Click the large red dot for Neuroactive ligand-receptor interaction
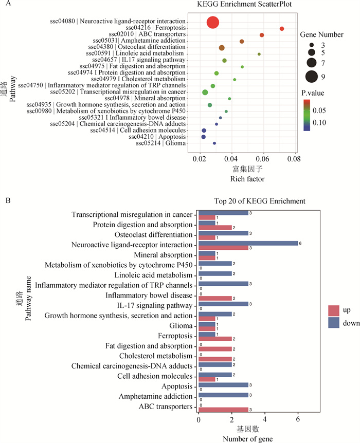[x=213, y=23]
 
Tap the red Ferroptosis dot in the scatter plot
[x=282, y=29]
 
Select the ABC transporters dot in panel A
[x=262, y=35]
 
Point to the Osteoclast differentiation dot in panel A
[x=222, y=48]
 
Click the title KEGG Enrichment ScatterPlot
[x=236, y=5]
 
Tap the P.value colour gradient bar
[x=307, y=115]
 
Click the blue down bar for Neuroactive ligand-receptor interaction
[x=248, y=244]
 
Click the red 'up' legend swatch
[x=334, y=310]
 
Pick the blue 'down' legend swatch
[x=334, y=323]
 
